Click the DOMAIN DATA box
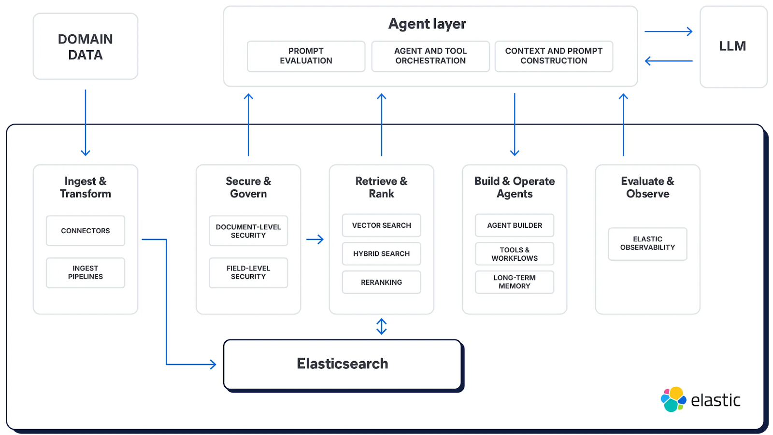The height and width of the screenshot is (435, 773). pyautogui.click(x=86, y=46)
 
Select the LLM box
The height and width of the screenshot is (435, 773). pyautogui.click(x=732, y=46)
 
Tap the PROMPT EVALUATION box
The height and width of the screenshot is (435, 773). pyautogui.click(x=306, y=56)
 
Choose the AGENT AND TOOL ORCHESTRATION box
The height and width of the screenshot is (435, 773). pyautogui.click(x=430, y=56)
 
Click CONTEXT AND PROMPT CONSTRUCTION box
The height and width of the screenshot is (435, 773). pyautogui.click(x=554, y=56)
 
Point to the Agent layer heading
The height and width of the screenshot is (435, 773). pyautogui.click(x=427, y=24)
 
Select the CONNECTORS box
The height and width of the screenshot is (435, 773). pyautogui.click(x=86, y=231)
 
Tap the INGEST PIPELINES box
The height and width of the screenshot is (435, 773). pyautogui.click(x=86, y=272)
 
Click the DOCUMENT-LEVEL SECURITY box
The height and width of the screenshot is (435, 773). pyautogui.click(x=248, y=231)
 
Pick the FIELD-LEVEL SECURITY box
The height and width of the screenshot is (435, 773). pyautogui.click(x=248, y=272)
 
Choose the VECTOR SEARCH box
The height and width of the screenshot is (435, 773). pyautogui.click(x=381, y=225)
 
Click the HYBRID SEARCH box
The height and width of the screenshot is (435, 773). pyautogui.click(x=381, y=253)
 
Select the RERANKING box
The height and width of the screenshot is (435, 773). pyautogui.click(x=381, y=282)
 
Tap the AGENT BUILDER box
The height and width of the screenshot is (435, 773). pyautogui.click(x=515, y=225)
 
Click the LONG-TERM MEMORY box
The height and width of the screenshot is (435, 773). pyautogui.click(x=515, y=282)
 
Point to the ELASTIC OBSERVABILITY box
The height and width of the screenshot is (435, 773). pyautogui.click(x=647, y=243)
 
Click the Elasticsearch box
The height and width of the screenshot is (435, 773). pyautogui.click(x=343, y=364)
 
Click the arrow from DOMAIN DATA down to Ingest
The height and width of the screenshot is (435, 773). pyautogui.click(x=86, y=123)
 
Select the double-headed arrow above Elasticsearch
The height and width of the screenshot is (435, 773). pyautogui.click(x=381, y=326)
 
